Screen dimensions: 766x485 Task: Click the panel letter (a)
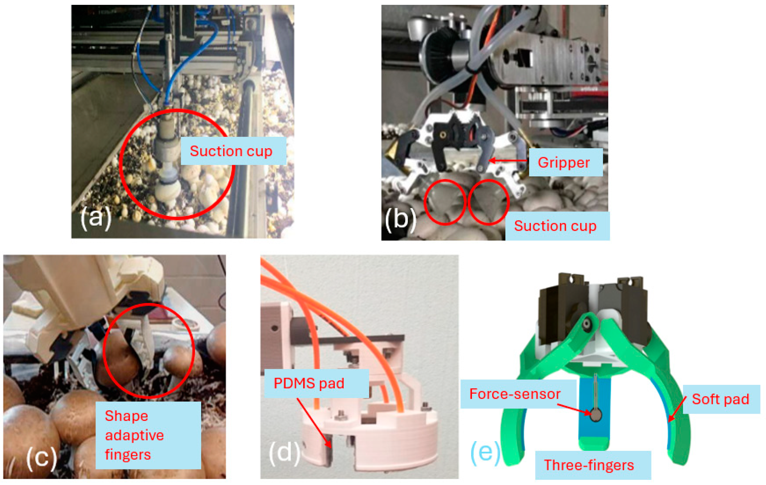(95, 218)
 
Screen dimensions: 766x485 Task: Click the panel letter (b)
(400, 219)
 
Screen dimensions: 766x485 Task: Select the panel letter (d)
(284, 452)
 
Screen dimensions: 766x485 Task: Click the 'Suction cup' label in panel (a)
(231, 151)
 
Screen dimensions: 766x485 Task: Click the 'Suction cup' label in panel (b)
(555, 226)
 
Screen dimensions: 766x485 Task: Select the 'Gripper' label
(564, 162)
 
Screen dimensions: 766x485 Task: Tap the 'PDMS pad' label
(309, 383)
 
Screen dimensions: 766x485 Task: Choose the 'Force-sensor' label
(515, 394)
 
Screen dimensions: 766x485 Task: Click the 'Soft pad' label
(720, 399)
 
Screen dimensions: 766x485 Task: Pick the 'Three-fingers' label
(589, 465)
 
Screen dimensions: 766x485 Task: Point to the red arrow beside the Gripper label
(508, 161)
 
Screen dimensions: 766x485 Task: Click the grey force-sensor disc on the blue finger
(596, 415)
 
